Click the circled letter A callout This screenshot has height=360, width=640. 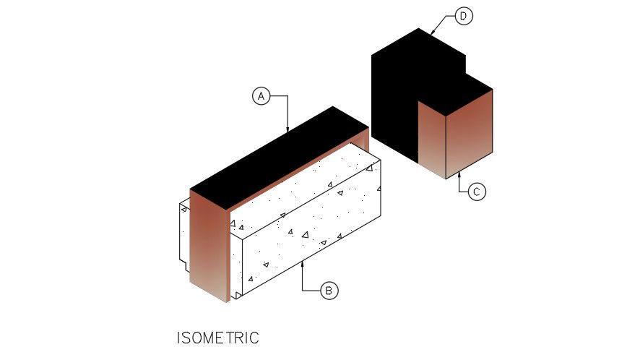pyautogui.click(x=261, y=95)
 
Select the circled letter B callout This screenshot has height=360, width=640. pyautogui.click(x=329, y=291)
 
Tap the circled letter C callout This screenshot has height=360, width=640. pyautogui.click(x=476, y=192)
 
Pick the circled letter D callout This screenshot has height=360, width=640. pyautogui.click(x=464, y=16)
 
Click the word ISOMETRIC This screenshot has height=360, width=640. pyautogui.click(x=217, y=338)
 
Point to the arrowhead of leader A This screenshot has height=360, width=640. pyautogui.click(x=287, y=131)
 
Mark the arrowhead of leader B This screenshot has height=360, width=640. pyautogui.click(x=303, y=264)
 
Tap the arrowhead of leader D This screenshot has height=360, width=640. pyautogui.click(x=431, y=33)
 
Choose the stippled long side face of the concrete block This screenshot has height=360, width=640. pyautogui.click(x=311, y=231)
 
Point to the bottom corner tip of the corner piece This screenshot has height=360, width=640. pyautogui.click(x=445, y=179)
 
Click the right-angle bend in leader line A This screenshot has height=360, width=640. pyautogui.click(x=287, y=95)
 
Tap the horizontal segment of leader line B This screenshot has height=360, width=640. pyautogui.click(x=312, y=291)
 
